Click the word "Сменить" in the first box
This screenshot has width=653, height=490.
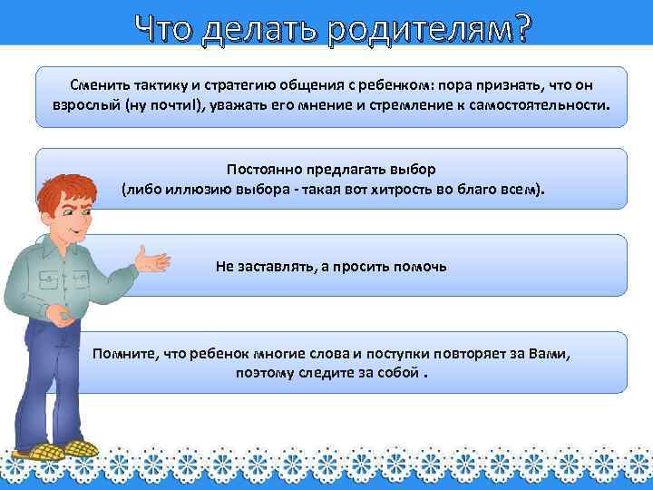(95, 84)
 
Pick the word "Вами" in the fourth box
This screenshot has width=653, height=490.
(552, 352)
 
